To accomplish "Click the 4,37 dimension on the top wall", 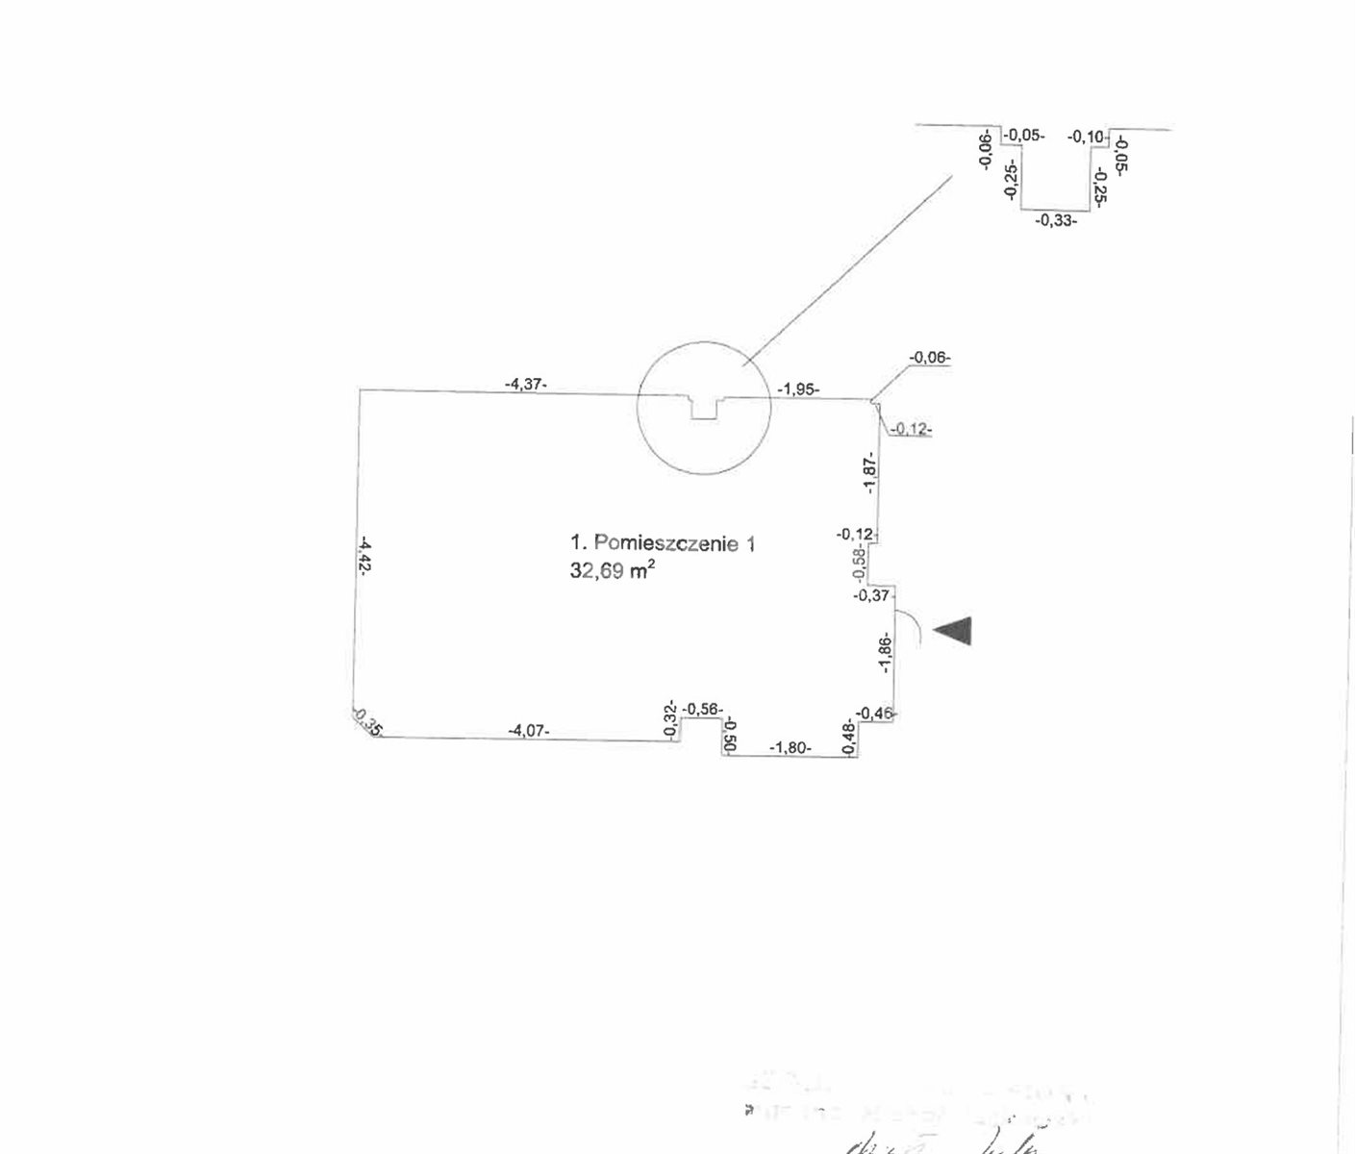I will click(525, 384).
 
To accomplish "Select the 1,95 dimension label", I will click(798, 389).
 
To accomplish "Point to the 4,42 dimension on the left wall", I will click(364, 555).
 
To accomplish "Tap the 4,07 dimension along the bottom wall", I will click(529, 731).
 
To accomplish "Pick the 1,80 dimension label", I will click(790, 746).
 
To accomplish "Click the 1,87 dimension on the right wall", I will click(870, 473).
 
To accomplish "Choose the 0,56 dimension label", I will click(702, 709).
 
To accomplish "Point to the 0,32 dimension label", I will click(670, 719).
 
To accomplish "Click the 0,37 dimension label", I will click(872, 596).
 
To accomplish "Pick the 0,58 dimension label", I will click(861, 564).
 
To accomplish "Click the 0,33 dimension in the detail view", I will click(1056, 220).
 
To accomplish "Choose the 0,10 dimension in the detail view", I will click(1087, 138).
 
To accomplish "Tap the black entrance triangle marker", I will click(955, 630).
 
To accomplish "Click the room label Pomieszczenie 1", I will click(663, 543).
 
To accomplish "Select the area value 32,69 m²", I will click(613, 570).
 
